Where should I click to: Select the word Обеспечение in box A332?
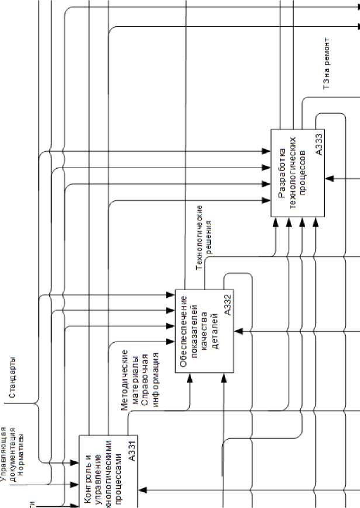184,331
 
